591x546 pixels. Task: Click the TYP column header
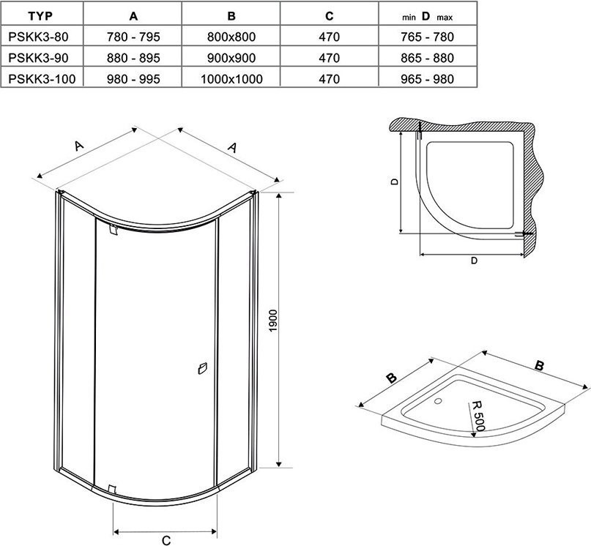40,16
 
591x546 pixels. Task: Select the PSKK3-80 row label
38,37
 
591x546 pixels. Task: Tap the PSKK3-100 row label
42,79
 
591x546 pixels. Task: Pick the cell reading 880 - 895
133,58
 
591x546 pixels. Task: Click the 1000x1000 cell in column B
231,79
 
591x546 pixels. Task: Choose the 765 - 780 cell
428,37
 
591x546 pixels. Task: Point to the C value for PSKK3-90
329,58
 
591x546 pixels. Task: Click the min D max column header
427,17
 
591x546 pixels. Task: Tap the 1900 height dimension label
273,321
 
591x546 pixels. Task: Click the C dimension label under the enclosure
166,540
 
